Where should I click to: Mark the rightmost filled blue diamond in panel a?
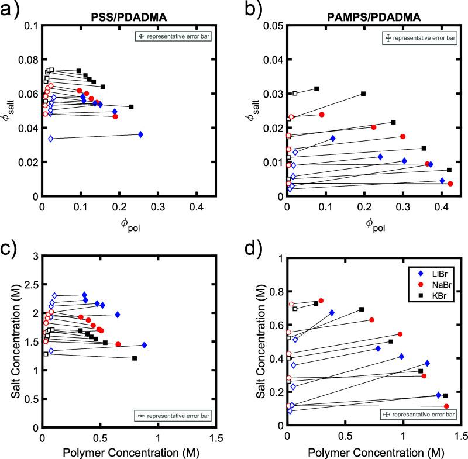pyautogui.click(x=140, y=134)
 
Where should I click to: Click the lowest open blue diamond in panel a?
pyautogui.click(x=51, y=139)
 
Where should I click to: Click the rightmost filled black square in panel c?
pyautogui.click(x=135, y=358)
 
